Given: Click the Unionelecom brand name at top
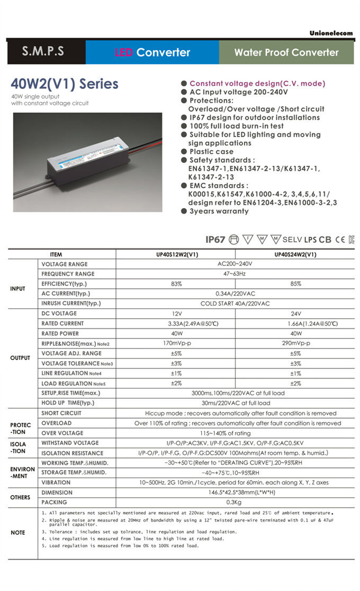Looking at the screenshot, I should [331, 33].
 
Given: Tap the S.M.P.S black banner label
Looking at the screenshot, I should [43, 52].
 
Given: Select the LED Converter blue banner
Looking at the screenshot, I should [152, 52].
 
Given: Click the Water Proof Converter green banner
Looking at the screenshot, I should [286, 52].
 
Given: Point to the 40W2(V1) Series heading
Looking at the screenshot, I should [65, 84].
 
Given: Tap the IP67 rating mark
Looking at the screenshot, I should [215, 239].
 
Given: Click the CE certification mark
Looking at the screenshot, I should [340, 239].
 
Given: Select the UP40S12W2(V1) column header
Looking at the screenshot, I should [176, 254].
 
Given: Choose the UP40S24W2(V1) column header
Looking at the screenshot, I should [295, 254].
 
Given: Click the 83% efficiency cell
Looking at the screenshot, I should [176, 284].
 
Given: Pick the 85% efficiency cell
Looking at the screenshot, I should [295, 284].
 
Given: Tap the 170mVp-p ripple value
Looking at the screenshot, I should [176, 343].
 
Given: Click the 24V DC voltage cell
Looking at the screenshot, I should [295, 314].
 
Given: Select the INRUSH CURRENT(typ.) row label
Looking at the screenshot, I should [71, 303].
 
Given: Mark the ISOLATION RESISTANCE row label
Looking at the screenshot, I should [73, 453].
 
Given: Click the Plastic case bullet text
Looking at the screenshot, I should [211, 151].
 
